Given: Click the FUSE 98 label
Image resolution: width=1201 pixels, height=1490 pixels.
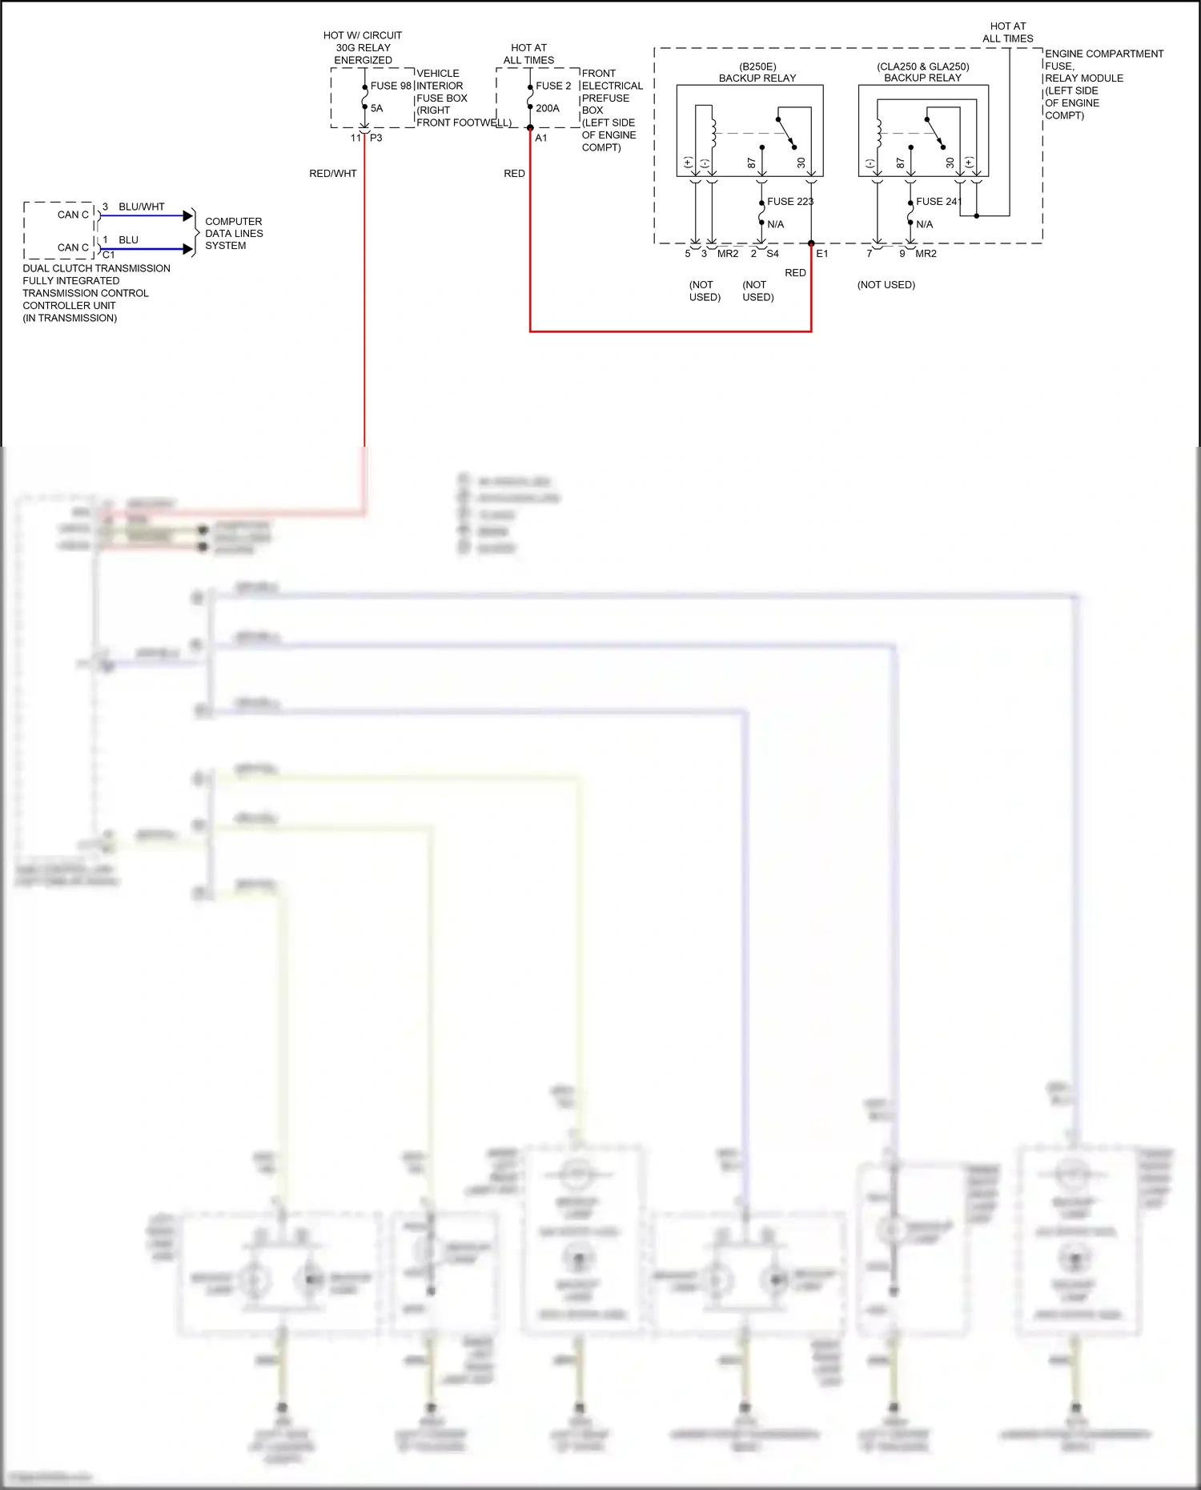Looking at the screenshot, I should (x=391, y=86).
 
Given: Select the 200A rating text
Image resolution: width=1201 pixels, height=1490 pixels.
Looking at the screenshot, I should (x=548, y=108).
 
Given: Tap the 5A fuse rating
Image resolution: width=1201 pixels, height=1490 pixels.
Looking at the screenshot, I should (x=376, y=108).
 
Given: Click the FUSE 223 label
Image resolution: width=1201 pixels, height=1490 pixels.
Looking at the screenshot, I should (x=789, y=202).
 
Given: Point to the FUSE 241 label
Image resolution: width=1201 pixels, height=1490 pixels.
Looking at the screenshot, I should (x=938, y=202).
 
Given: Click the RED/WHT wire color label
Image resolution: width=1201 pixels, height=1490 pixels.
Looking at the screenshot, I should (x=333, y=174).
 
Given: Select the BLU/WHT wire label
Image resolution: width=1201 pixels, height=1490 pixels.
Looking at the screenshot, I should (x=142, y=207).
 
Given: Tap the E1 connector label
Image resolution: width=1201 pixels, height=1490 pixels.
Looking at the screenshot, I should (x=822, y=254).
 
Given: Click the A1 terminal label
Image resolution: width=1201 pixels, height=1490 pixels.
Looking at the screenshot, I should (x=541, y=138).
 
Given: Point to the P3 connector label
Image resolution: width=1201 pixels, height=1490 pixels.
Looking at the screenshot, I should (x=376, y=138).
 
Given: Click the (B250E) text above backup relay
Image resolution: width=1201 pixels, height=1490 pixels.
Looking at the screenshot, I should (x=757, y=66).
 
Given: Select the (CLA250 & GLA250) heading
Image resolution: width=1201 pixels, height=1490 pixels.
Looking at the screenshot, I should (x=922, y=66).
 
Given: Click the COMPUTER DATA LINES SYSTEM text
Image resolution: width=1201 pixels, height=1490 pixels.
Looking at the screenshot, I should (x=233, y=233).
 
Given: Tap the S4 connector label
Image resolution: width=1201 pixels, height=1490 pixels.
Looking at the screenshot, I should (x=773, y=254).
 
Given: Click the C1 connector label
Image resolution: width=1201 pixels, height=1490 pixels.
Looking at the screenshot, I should (x=109, y=255).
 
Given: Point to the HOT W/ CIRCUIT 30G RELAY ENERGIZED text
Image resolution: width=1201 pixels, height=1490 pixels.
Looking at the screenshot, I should (x=363, y=47).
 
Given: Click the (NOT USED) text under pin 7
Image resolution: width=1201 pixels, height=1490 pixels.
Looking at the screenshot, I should (x=886, y=285).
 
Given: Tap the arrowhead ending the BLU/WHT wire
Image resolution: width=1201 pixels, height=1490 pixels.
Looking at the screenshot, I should (x=188, y=215).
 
